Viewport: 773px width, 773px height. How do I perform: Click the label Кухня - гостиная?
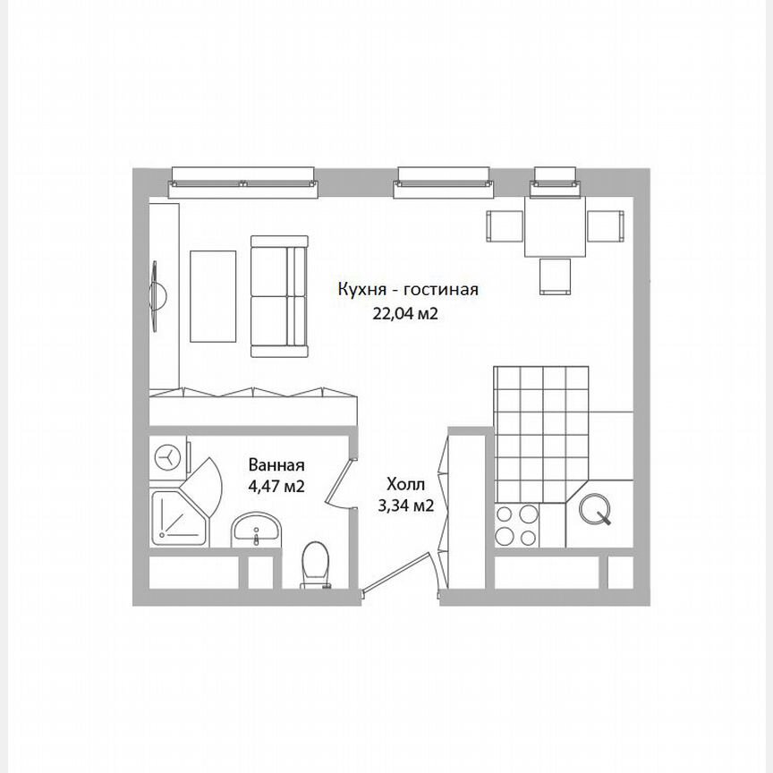(x=408, y=290)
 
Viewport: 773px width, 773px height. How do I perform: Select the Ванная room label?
(x=276, y=465)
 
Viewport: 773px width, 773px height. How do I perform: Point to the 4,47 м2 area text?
(x=276, y=488)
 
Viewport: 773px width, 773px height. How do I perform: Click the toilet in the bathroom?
(x=314, y=566)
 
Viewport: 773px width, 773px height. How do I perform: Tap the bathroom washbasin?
(x=258, y=531)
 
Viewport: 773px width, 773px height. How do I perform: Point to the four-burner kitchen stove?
(x=516, y=525)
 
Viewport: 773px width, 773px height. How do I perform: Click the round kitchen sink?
(x=596, y=509)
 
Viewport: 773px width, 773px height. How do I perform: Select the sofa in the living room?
(x=279, y=296)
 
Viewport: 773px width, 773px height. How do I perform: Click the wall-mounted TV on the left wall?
(x=158, y=296)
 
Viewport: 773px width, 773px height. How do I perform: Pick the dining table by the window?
(x=555, y=226)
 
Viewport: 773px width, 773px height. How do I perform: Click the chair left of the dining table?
(x=504, y=225)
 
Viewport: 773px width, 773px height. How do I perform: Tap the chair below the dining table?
(x=556, y=276)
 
